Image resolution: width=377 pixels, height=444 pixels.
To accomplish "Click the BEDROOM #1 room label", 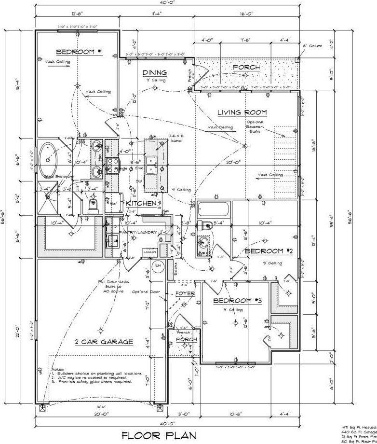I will tap(79, 52).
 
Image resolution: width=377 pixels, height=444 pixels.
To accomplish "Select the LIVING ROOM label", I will tap(242, 112).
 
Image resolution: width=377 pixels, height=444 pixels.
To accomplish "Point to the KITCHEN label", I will tap(141, 204).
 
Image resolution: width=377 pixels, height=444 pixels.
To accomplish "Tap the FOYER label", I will tap(184, 293).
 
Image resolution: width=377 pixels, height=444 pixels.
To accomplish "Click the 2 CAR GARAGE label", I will tap(104, 342).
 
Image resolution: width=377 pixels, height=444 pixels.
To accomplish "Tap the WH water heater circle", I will tap(157, 265).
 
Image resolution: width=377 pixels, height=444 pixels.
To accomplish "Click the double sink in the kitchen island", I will tap(151, 166).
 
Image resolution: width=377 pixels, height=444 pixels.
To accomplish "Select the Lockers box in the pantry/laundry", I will tap(149, 252).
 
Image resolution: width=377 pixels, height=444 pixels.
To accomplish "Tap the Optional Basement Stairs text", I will tap(255, 126).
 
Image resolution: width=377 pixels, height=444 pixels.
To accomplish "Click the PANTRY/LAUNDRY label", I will tap(137, 233).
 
